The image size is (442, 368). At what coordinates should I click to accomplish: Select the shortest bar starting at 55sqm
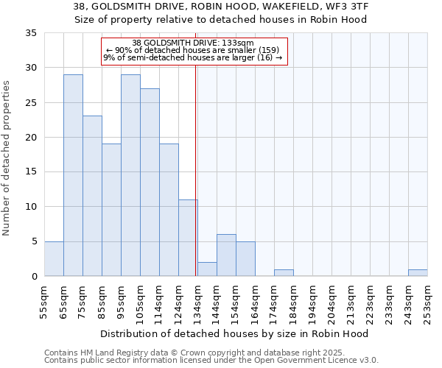coord(54,259)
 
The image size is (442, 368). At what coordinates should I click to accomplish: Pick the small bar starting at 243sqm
coord(418,273)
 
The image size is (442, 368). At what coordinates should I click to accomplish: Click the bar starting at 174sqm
coord(284,273)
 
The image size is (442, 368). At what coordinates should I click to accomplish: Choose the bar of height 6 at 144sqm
coord(226,255)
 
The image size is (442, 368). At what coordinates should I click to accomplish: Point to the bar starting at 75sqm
coord(92,196)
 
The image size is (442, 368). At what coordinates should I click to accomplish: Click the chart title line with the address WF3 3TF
coord(221,7)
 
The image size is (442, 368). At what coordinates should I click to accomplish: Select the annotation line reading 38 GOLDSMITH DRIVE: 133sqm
coord(193,43)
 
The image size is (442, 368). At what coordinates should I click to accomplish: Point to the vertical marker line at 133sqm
coord(195,169)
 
